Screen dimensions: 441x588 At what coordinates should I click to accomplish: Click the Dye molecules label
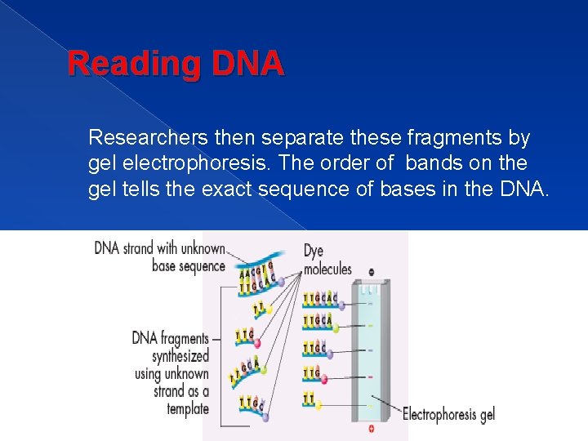coord(327,260)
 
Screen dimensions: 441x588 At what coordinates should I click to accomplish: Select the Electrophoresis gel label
coord(448,414)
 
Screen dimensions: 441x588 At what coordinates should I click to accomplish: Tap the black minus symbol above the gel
coord(372,272)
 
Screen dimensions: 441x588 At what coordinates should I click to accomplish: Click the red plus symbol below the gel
coord(372,428)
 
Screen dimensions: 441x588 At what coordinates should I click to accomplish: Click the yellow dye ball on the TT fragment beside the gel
coord(318,403)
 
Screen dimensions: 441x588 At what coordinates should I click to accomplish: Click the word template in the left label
coord(188,408)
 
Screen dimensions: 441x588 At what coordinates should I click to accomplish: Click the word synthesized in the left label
coord(180,356)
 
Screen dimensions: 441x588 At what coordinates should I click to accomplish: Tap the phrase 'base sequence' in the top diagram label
coord(189,266)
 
